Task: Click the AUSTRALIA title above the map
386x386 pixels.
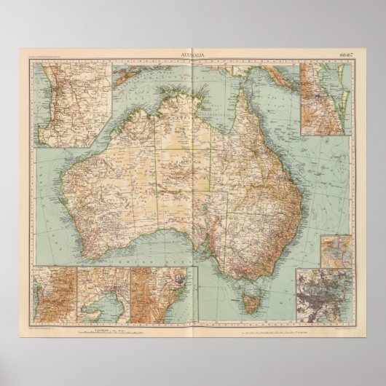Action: (192, 55)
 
